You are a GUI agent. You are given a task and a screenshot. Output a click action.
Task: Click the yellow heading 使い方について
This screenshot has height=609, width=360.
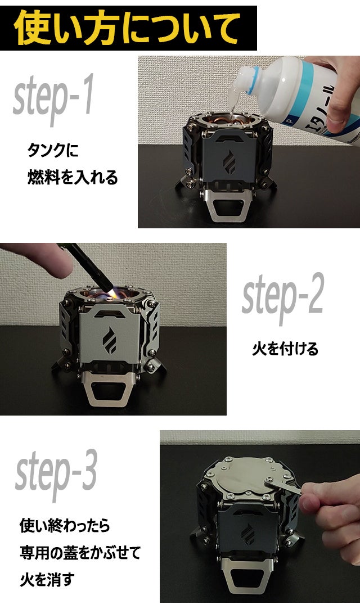[x=127, y=28]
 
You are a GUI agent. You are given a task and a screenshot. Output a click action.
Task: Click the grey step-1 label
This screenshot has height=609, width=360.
[x=53, y=98]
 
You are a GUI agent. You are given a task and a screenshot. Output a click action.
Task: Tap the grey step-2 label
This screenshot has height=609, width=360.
[x=282, y=298]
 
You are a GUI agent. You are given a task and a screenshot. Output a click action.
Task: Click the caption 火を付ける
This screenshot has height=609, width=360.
[x=285, y=349]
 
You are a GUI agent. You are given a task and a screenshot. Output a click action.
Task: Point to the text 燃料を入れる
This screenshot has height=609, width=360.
[x=73, y=177]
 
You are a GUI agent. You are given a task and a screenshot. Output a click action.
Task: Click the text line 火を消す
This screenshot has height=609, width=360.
[x=47, y=580]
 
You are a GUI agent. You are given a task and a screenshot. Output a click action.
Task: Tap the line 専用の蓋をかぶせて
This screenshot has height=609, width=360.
[x=80, y=553]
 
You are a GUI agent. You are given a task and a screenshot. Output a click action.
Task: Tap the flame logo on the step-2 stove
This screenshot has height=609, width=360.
[x=109, y=341]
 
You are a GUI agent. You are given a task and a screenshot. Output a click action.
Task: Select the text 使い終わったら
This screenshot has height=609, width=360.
[x=65, y=526]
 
